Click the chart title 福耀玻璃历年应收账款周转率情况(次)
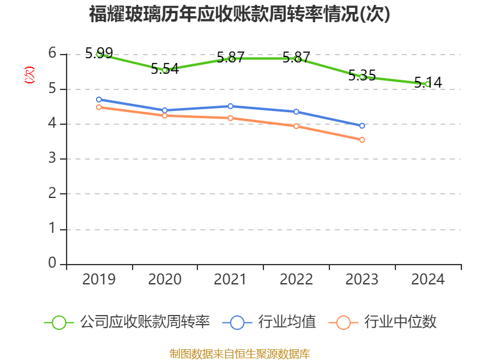239,14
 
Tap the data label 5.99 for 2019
99,53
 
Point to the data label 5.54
165,68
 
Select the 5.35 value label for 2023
362,76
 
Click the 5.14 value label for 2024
428,83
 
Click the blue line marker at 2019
99,100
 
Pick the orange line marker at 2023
362,140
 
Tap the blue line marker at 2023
362,126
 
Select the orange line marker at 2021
230,118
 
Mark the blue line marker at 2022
296,112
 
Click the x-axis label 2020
165,280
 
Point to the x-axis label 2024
428,280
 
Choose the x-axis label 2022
296,280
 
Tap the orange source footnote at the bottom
240,353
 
